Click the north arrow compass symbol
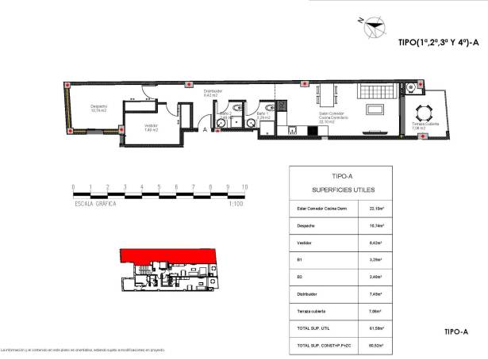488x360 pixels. tap(371, 28)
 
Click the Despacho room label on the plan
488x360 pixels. tap(98, 109)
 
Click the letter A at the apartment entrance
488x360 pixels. tap(205, 128)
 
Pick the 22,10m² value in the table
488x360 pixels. tap(377, 209)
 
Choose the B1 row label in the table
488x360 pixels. tap(299, 259)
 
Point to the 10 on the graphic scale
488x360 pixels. tap(244, 187)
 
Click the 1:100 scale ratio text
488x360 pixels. tap(235, 204)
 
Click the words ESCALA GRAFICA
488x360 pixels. tap(94, 204)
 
